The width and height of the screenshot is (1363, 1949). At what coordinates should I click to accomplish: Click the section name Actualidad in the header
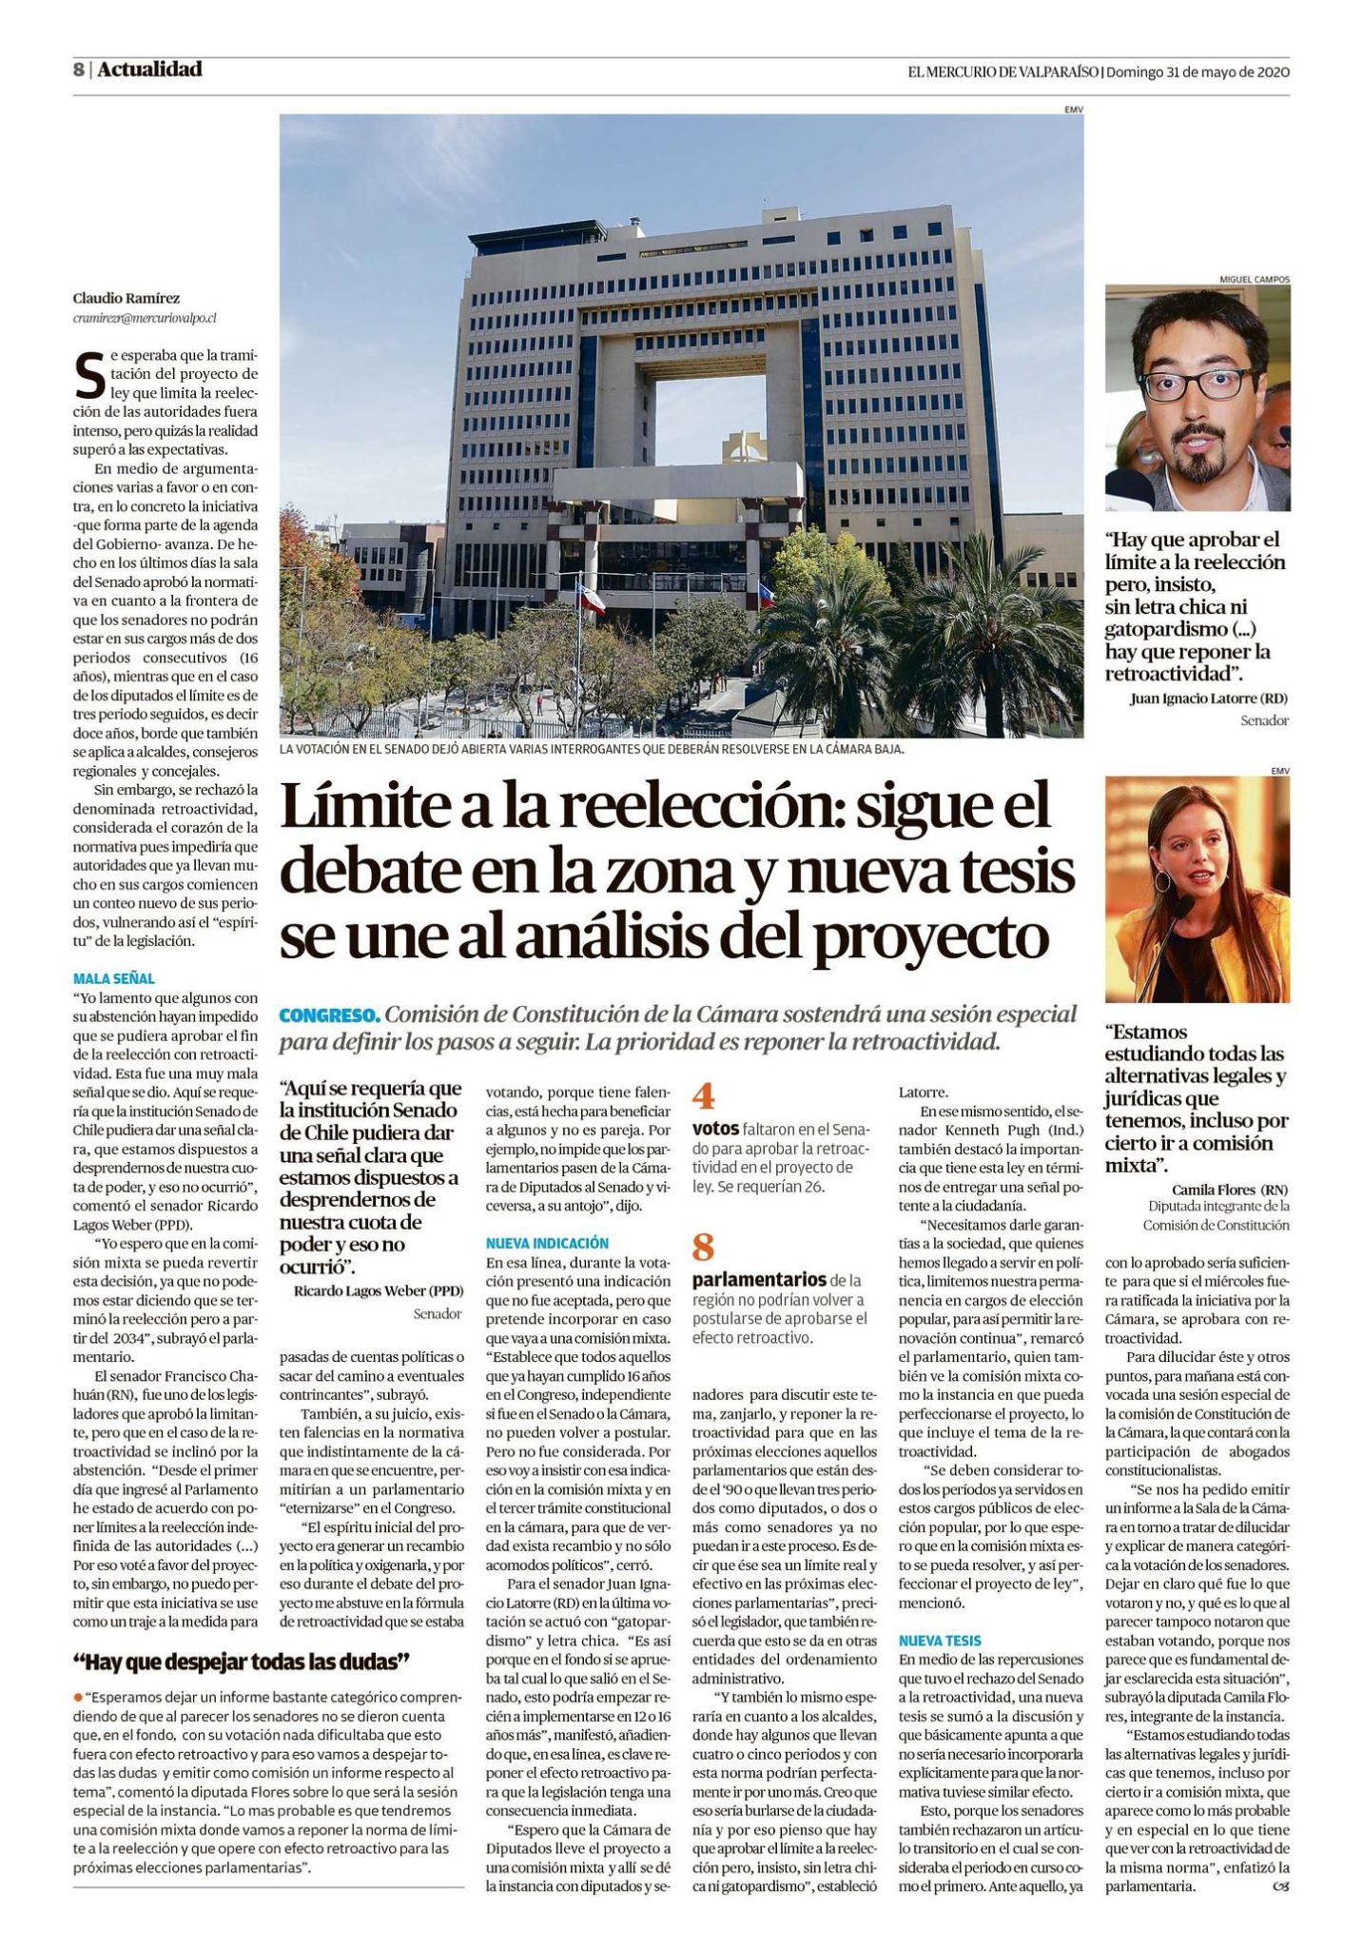(x=149, y=69)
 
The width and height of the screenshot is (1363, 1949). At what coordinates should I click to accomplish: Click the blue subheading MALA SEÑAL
(x=113, y=977)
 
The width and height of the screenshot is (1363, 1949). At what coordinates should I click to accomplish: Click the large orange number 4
(x=704, y=1097)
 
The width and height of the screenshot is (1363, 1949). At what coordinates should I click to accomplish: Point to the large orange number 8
(x=704, y=1246)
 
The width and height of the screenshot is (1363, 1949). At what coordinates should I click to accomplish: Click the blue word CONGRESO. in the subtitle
(x=330, y=1014)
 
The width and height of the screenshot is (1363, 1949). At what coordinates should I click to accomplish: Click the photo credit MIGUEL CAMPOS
(x=1254, y=280)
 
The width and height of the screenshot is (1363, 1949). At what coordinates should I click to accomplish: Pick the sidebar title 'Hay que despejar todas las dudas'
(x=242, y=1662)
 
